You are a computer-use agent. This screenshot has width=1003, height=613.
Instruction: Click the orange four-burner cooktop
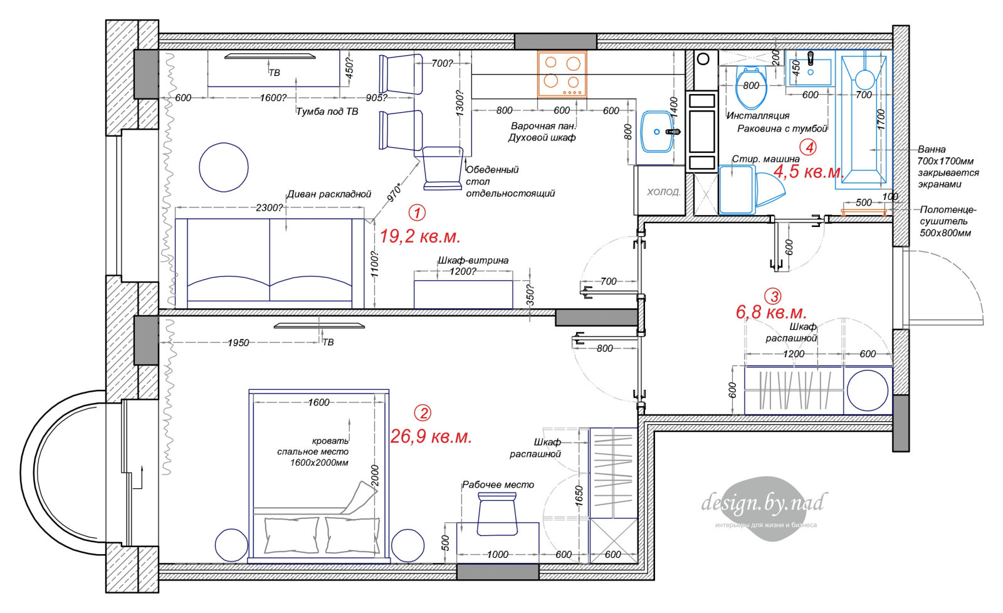[562, 75]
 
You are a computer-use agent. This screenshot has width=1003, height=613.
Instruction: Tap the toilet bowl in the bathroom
[751, 88]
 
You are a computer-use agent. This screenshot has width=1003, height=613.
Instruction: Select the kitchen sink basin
[658, 132]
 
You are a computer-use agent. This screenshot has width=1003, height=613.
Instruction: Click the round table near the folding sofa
[223, 167]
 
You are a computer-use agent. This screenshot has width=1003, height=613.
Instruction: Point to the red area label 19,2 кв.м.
[420, 236]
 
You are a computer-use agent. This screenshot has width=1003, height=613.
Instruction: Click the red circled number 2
[423, 413]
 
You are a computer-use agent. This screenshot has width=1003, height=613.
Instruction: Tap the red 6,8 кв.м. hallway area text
[771, 312]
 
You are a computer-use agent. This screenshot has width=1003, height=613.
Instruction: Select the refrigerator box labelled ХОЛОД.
[659, 191]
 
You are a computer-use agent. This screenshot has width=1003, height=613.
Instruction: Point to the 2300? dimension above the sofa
[270, 207]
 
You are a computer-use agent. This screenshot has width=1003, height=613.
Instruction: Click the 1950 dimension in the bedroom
[238, 343]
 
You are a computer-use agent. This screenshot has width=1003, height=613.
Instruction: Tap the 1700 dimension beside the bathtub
[881, 120]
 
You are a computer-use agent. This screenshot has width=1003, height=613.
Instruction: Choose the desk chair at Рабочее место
[497, 513]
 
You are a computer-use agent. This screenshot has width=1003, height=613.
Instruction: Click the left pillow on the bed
[291, 535]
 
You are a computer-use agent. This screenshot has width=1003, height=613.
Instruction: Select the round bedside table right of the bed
[407, 545]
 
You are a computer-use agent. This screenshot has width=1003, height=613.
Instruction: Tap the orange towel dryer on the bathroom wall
[864, 212]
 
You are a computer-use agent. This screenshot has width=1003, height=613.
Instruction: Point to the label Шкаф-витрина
[473, 261]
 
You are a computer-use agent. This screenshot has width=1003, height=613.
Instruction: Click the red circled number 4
[808, 147]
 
